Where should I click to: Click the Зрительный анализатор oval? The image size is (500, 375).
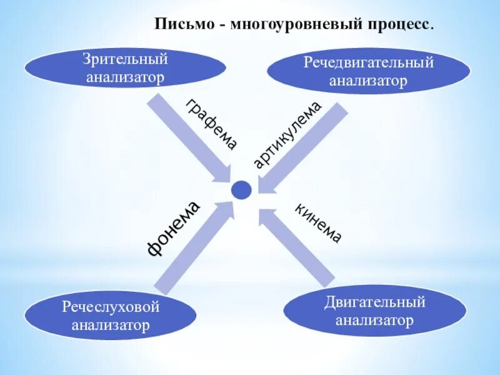(x=125, y=68)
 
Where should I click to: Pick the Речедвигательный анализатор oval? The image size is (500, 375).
(x=369, y=71)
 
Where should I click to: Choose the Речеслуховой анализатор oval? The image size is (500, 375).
(x=111, y=316)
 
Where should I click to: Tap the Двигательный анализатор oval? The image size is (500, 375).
(x=375, y=311)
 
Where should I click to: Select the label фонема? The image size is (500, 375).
(x=173, y=228)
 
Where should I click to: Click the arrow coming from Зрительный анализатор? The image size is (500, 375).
(x=187, y=137)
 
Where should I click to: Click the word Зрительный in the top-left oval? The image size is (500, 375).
(x=125, y=60)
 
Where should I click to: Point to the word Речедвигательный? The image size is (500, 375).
(x=369, y=63)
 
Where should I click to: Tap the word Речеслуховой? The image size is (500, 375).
(x=111, y=307)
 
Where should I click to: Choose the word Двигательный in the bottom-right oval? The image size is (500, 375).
(x=375, y=302)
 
